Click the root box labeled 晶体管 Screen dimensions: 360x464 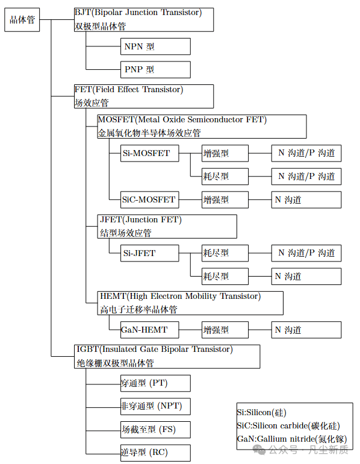22,20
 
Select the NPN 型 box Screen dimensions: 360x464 155,46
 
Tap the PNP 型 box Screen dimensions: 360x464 155,69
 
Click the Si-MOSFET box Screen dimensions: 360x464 149,153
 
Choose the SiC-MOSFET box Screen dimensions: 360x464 149,199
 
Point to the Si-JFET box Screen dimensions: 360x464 149,253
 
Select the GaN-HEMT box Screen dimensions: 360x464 149,330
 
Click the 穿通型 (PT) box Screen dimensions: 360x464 155,383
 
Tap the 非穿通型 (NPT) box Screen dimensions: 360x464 155,406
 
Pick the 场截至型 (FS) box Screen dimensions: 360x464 155,430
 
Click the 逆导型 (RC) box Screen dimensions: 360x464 155,453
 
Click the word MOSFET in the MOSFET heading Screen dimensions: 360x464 116,119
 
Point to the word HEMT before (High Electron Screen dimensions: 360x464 113,296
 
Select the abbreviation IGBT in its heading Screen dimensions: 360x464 87,349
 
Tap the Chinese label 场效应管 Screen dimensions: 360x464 92,103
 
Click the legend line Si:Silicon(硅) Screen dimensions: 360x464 262,413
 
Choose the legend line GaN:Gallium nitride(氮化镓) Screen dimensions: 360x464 292,439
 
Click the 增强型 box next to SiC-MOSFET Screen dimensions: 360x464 225,199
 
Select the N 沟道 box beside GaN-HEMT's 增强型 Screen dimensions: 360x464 306,330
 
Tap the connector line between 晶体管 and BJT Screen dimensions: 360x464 57,20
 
